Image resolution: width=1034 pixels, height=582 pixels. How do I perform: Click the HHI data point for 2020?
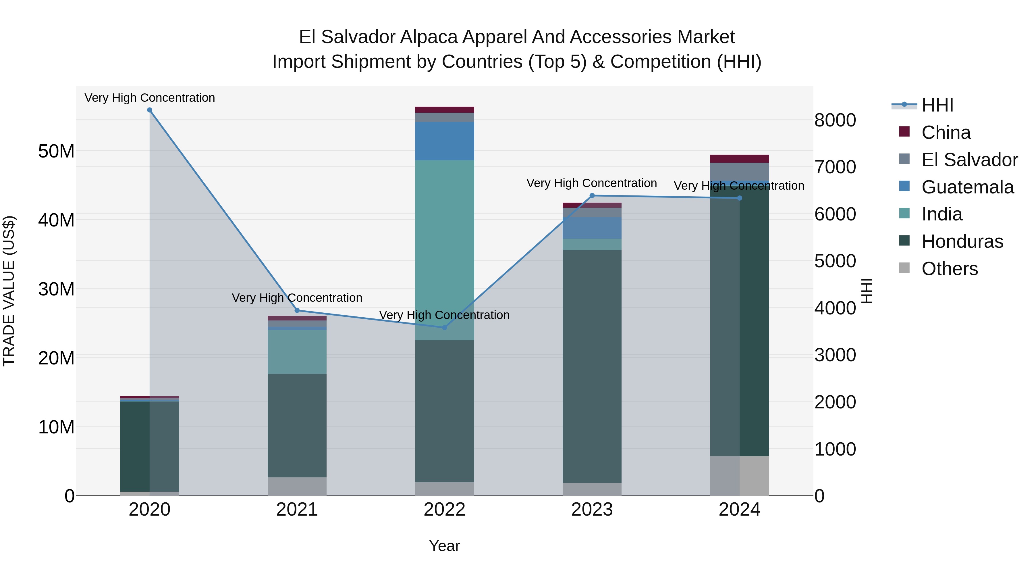pos(150,110)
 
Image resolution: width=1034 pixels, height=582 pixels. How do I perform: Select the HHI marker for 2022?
pos(444,328)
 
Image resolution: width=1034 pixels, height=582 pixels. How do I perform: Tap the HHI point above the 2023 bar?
pos(592,196)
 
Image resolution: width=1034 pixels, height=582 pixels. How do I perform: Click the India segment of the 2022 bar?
pos(444,249)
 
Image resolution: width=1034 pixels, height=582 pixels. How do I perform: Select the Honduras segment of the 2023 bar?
pos(592,366)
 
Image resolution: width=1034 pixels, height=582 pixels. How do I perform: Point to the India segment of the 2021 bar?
pos(297,351)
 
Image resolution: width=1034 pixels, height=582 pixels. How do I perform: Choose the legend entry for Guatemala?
pos(967,187)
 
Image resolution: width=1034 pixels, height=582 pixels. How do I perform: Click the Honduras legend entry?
pos(962,241)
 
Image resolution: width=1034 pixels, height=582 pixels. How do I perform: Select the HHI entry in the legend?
pos(937,105)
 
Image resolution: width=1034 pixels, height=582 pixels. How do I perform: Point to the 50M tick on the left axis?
pos(56,151)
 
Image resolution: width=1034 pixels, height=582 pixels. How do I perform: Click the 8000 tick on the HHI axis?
pos(835,120)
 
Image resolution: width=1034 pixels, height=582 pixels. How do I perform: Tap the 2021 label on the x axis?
pos(297,510)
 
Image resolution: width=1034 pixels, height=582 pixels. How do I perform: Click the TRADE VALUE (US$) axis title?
pos(9,291)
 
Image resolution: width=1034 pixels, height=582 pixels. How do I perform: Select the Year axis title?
pos(444,546)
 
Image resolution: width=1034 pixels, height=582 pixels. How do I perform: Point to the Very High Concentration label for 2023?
pos(592,183)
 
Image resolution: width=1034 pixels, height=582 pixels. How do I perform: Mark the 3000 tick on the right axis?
pos(835,355)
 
